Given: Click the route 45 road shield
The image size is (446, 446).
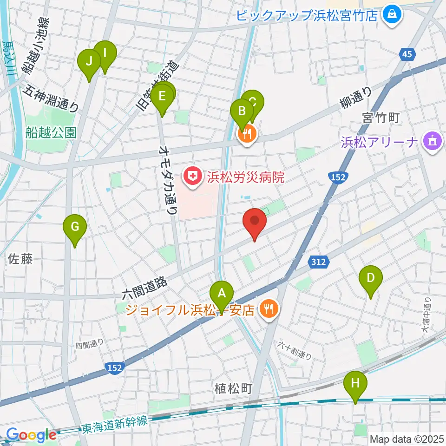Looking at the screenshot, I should click(x=407, y=55).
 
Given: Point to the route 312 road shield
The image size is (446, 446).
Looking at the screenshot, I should click(x=319, y=262).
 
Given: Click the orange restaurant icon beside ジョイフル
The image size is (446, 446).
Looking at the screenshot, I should click(x=268, y=308).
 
